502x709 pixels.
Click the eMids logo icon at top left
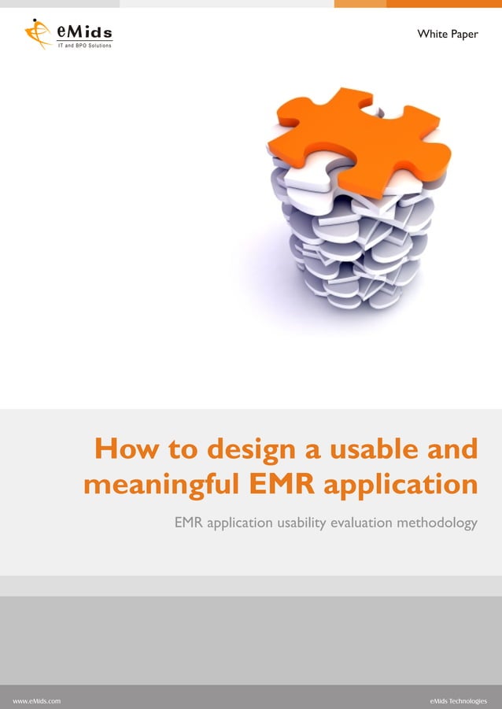point(37,33)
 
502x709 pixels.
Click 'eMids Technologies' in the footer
point(458,699)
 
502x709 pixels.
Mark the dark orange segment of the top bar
point(444,4)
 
